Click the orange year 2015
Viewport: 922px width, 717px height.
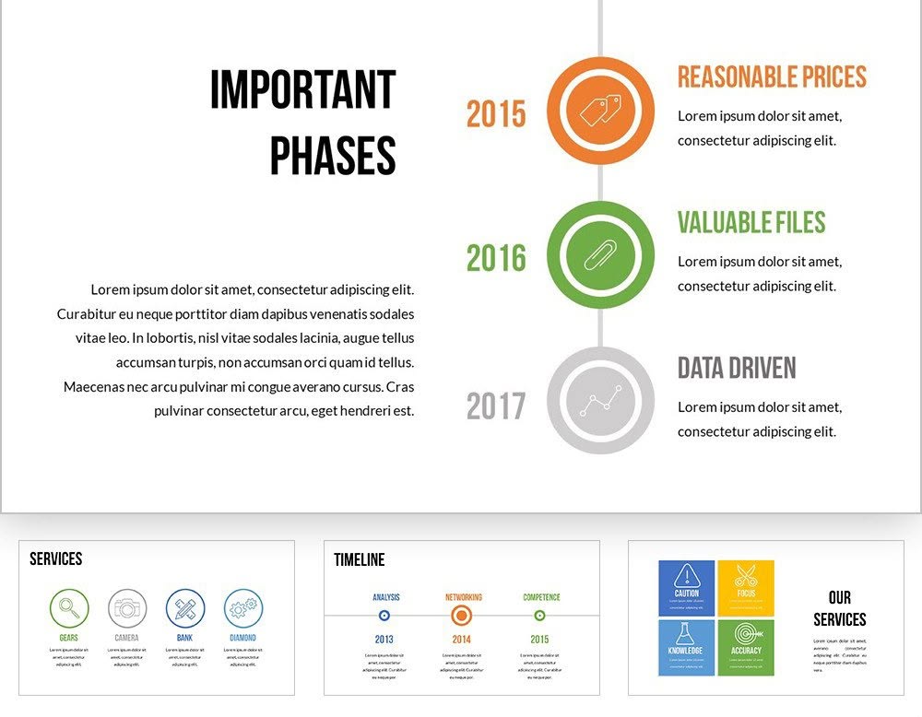(496, 114)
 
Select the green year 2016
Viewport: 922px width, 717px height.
(496, 258)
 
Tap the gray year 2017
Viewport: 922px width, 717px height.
(496, 406)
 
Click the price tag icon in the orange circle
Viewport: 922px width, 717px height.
(600, 112)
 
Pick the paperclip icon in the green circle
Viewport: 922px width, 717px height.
(600, 254)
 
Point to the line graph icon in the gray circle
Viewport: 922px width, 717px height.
(600, 401)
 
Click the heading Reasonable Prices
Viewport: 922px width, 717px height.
(772, 77)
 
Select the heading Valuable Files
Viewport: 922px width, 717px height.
(751, 223)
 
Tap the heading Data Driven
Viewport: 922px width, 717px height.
(737, 368)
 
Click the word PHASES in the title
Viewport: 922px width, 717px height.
(333, 157)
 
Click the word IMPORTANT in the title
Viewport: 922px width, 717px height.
(302, 90)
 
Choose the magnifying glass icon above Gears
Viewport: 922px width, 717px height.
(69, 608)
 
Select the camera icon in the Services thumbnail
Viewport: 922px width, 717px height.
(127, 608)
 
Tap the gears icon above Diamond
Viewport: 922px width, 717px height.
(243, 608)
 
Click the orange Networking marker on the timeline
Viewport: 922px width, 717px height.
(462, 616)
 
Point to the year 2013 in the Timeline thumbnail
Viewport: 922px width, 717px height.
(384, 639)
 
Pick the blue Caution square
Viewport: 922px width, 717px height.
(686, 588)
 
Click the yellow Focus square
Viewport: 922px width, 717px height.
(746, 588)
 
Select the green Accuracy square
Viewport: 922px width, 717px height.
(746, 647)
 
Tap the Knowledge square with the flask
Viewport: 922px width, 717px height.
(686, 647)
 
